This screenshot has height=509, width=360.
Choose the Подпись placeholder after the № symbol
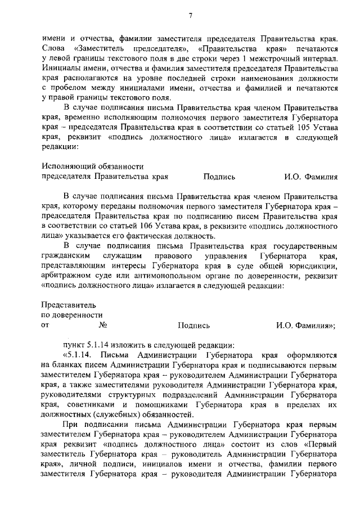[x=194, y=325]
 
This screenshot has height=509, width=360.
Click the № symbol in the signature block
[x=102, y=325]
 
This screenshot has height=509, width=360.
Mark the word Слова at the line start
[x=53, y=49]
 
